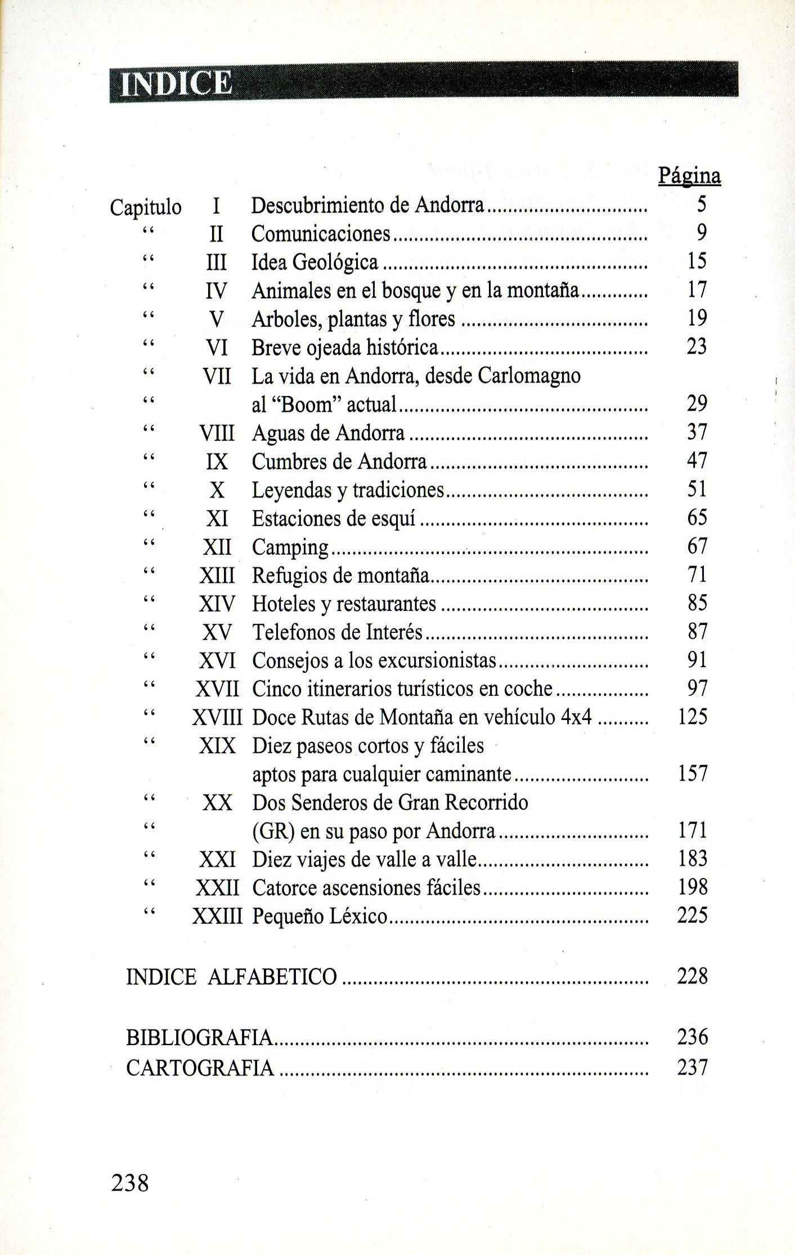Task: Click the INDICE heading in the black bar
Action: click(176, 84)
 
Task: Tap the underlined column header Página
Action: click(689, 176)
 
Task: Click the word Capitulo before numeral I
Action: click(146, 208)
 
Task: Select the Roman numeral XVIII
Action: click(217, 717)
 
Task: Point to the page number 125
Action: click(692, 717)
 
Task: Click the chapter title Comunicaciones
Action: click(321, 233)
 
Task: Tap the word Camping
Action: click(290, 547)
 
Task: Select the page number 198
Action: click(692, 887)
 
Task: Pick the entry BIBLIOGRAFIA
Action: click(200, 1037)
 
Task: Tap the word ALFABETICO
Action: click(272, 977)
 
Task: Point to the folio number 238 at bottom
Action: click(130, 1184)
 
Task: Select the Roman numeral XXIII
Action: click(217, 916)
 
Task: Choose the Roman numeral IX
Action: click(217, 462)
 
